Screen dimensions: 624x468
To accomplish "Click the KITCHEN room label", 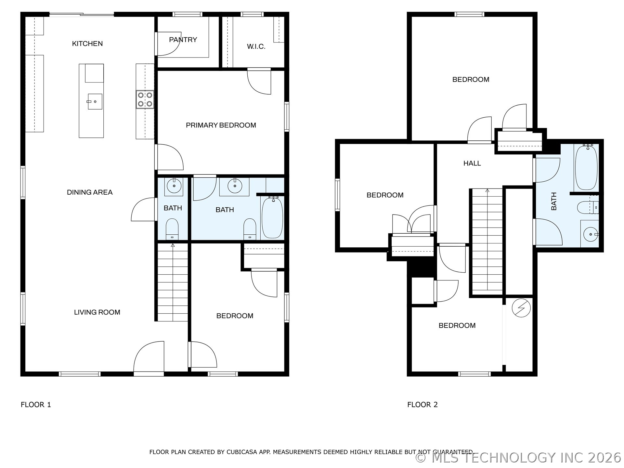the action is [87, 44].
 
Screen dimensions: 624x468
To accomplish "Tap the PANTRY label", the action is [183, 40].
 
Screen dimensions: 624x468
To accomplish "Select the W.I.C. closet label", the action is [256, 46].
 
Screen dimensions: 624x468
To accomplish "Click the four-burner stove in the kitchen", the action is [145, 99].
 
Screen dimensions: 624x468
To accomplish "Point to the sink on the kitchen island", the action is [95, 101].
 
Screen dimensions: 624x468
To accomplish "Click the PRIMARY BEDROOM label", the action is [221, 125].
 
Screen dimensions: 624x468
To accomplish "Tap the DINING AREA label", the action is [90, 192].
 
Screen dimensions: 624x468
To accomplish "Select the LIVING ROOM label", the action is [97, 312].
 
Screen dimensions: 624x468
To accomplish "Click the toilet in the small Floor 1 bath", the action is [172, 229].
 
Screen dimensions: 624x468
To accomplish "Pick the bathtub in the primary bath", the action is [272, 217].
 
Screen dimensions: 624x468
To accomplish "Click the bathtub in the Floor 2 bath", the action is [586, 167].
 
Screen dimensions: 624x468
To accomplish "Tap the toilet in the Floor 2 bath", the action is [588, 207].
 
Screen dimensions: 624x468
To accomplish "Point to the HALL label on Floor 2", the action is [472, 163].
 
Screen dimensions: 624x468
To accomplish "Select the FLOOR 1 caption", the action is [36, 405].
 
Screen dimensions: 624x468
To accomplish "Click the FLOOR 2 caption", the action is [422, 405].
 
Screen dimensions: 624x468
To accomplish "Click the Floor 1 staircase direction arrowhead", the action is [173, 245].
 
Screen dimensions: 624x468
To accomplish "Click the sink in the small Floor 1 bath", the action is [174, 186].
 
